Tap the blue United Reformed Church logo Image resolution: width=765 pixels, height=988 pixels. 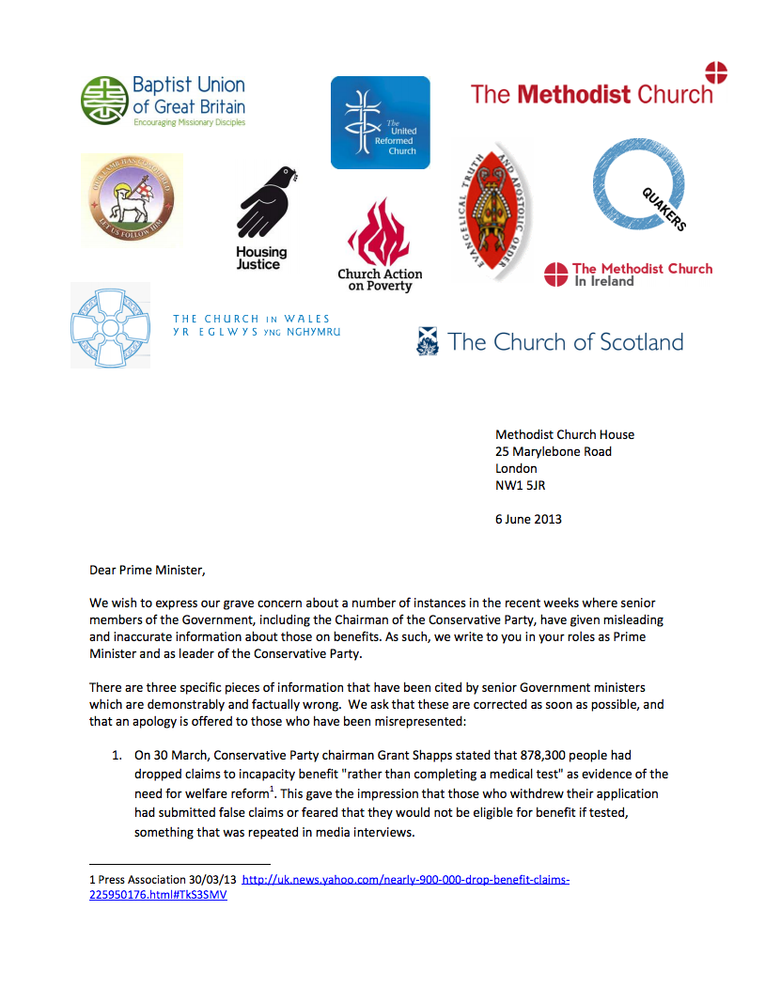pos(380,122)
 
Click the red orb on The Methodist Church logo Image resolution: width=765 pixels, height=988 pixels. pos(716,72)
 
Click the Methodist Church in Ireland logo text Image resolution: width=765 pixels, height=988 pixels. pos(642,274)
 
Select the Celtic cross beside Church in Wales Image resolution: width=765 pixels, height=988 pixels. pos(110,325)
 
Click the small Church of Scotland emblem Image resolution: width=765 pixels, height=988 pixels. pos(428,341)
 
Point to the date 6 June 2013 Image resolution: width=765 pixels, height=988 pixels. pos(528,519)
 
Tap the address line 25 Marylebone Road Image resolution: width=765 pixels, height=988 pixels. pos(554,451)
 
